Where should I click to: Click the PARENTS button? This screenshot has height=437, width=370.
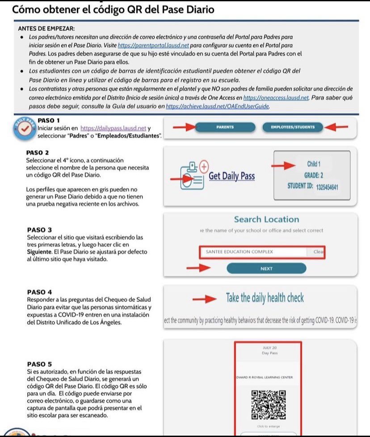point(225,127)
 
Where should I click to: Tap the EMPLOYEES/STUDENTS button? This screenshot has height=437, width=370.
point(292,127)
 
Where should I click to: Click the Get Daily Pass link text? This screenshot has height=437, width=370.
point(231,176)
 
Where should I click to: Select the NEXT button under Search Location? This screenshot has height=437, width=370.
point(266,268)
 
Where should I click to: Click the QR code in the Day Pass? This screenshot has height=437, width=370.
point(268,405)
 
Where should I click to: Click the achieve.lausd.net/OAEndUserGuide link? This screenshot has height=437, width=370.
point(218,107)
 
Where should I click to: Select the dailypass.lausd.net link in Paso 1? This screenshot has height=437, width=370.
point(114,128)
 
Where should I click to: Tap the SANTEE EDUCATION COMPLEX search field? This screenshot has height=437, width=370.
point(253,252)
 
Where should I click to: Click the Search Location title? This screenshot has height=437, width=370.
point(266,220)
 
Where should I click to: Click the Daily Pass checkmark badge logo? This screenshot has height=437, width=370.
point(23,130)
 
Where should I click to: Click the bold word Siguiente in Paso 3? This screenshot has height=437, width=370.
point(40,252)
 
